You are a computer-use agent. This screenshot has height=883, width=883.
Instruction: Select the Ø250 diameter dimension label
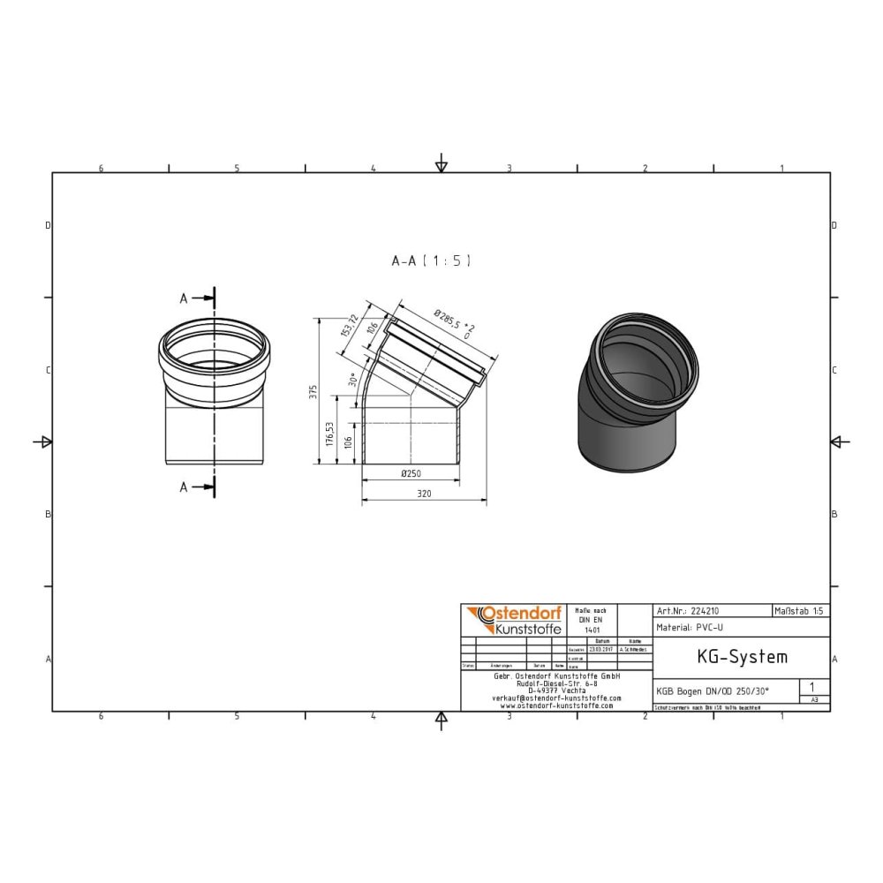411,473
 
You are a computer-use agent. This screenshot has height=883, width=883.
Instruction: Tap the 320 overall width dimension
424,494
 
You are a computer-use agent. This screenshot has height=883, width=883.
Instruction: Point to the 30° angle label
352,381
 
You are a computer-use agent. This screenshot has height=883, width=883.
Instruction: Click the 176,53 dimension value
329,433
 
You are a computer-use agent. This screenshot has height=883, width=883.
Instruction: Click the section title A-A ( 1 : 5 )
431,260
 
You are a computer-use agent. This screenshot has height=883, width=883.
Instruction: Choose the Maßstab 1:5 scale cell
800,610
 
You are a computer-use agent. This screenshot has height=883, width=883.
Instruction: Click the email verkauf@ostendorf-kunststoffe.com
556,698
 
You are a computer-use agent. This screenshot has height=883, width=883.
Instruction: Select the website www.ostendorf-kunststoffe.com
556,706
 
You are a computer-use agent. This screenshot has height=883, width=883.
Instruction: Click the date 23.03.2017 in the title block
603,649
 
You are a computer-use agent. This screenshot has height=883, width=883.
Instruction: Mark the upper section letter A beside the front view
184,298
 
